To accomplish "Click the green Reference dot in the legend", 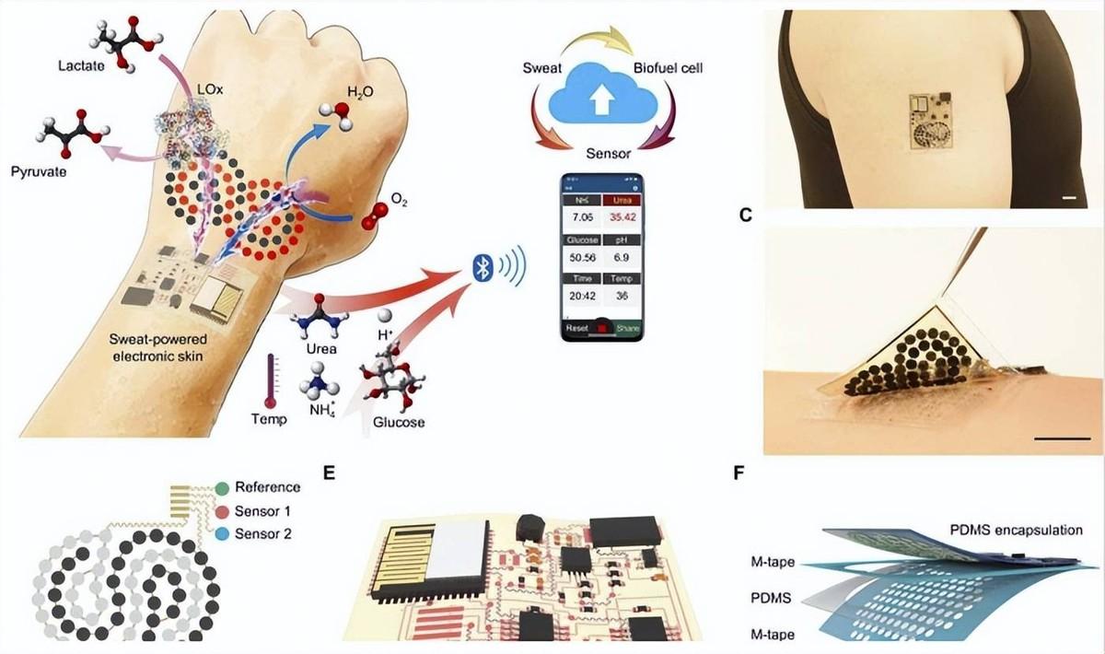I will pyautogui.click(x=222, y=487).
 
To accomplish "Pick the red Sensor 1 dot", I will pyautogui.click(x=222, y=511).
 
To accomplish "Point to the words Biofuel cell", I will pyautogui.click(x=669, y=69).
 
